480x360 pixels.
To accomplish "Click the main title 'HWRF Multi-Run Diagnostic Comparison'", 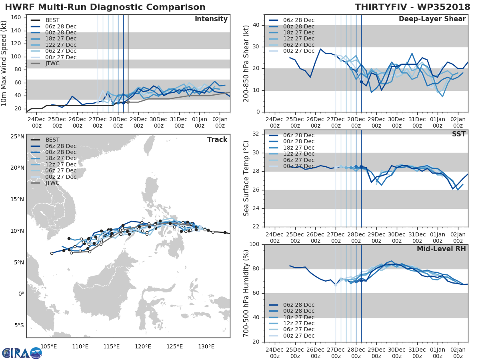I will (105, 7).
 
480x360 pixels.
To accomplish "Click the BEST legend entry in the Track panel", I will (52, 140).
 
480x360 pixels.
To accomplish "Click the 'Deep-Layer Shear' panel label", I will (432, 19).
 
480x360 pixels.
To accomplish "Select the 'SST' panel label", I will (458, 134).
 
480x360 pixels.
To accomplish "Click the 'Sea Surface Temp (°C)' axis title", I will (246, 178).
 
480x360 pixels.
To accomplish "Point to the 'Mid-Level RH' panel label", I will (441, 249).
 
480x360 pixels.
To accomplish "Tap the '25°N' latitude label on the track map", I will (17, 136).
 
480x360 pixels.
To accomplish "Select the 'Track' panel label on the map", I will (217, 140).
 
